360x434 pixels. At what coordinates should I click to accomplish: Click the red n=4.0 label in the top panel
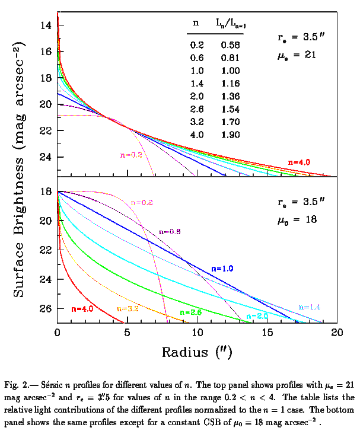click(300, 161)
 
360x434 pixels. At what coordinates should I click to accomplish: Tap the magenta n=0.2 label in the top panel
click(128, 155)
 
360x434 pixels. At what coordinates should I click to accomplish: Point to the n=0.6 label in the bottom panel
click(169, 232)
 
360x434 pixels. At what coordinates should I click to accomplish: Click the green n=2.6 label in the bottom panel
click(192, 312)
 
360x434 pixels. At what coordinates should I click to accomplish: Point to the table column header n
click(196, 23)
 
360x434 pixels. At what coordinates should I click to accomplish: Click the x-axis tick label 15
click(267, 333)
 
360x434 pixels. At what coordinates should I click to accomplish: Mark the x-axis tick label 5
click(128, 333)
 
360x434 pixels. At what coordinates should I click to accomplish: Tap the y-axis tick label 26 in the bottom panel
click(46, 309)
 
